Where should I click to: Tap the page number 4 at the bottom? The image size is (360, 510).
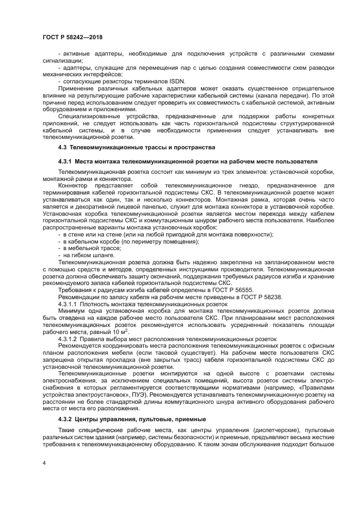point(44,462)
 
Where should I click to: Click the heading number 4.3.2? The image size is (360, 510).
point(68,419)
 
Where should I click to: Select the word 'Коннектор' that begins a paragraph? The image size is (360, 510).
point(74,187)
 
